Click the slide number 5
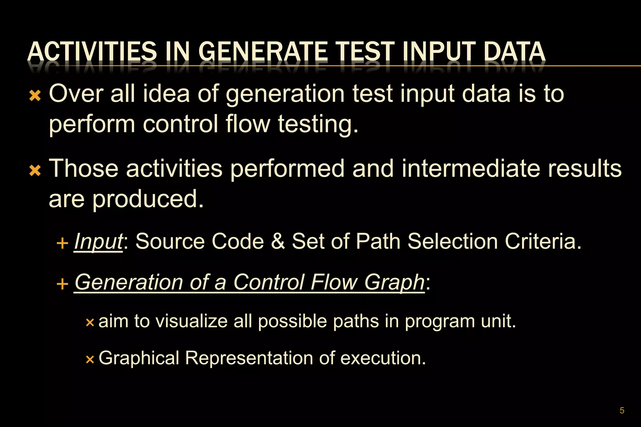pyautogui.click(x=622, y=410)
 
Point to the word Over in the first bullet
pyautogui.click(x=76, y=94)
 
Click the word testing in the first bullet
pyautogui.click(x=317, y=124)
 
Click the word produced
pyautogui.click(x=148, y=199)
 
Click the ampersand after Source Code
pyautogui.click(x=278, y=242)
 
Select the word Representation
pyautogui.click(x=249, y=358)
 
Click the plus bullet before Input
pyautogui.click(x=63, y=243)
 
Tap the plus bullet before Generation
pyautogui.click(x=63, y=284)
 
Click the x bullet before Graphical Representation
pyautogui.click(x=90, y=359)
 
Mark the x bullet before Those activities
pyautogui.click(x=35, y=171)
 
